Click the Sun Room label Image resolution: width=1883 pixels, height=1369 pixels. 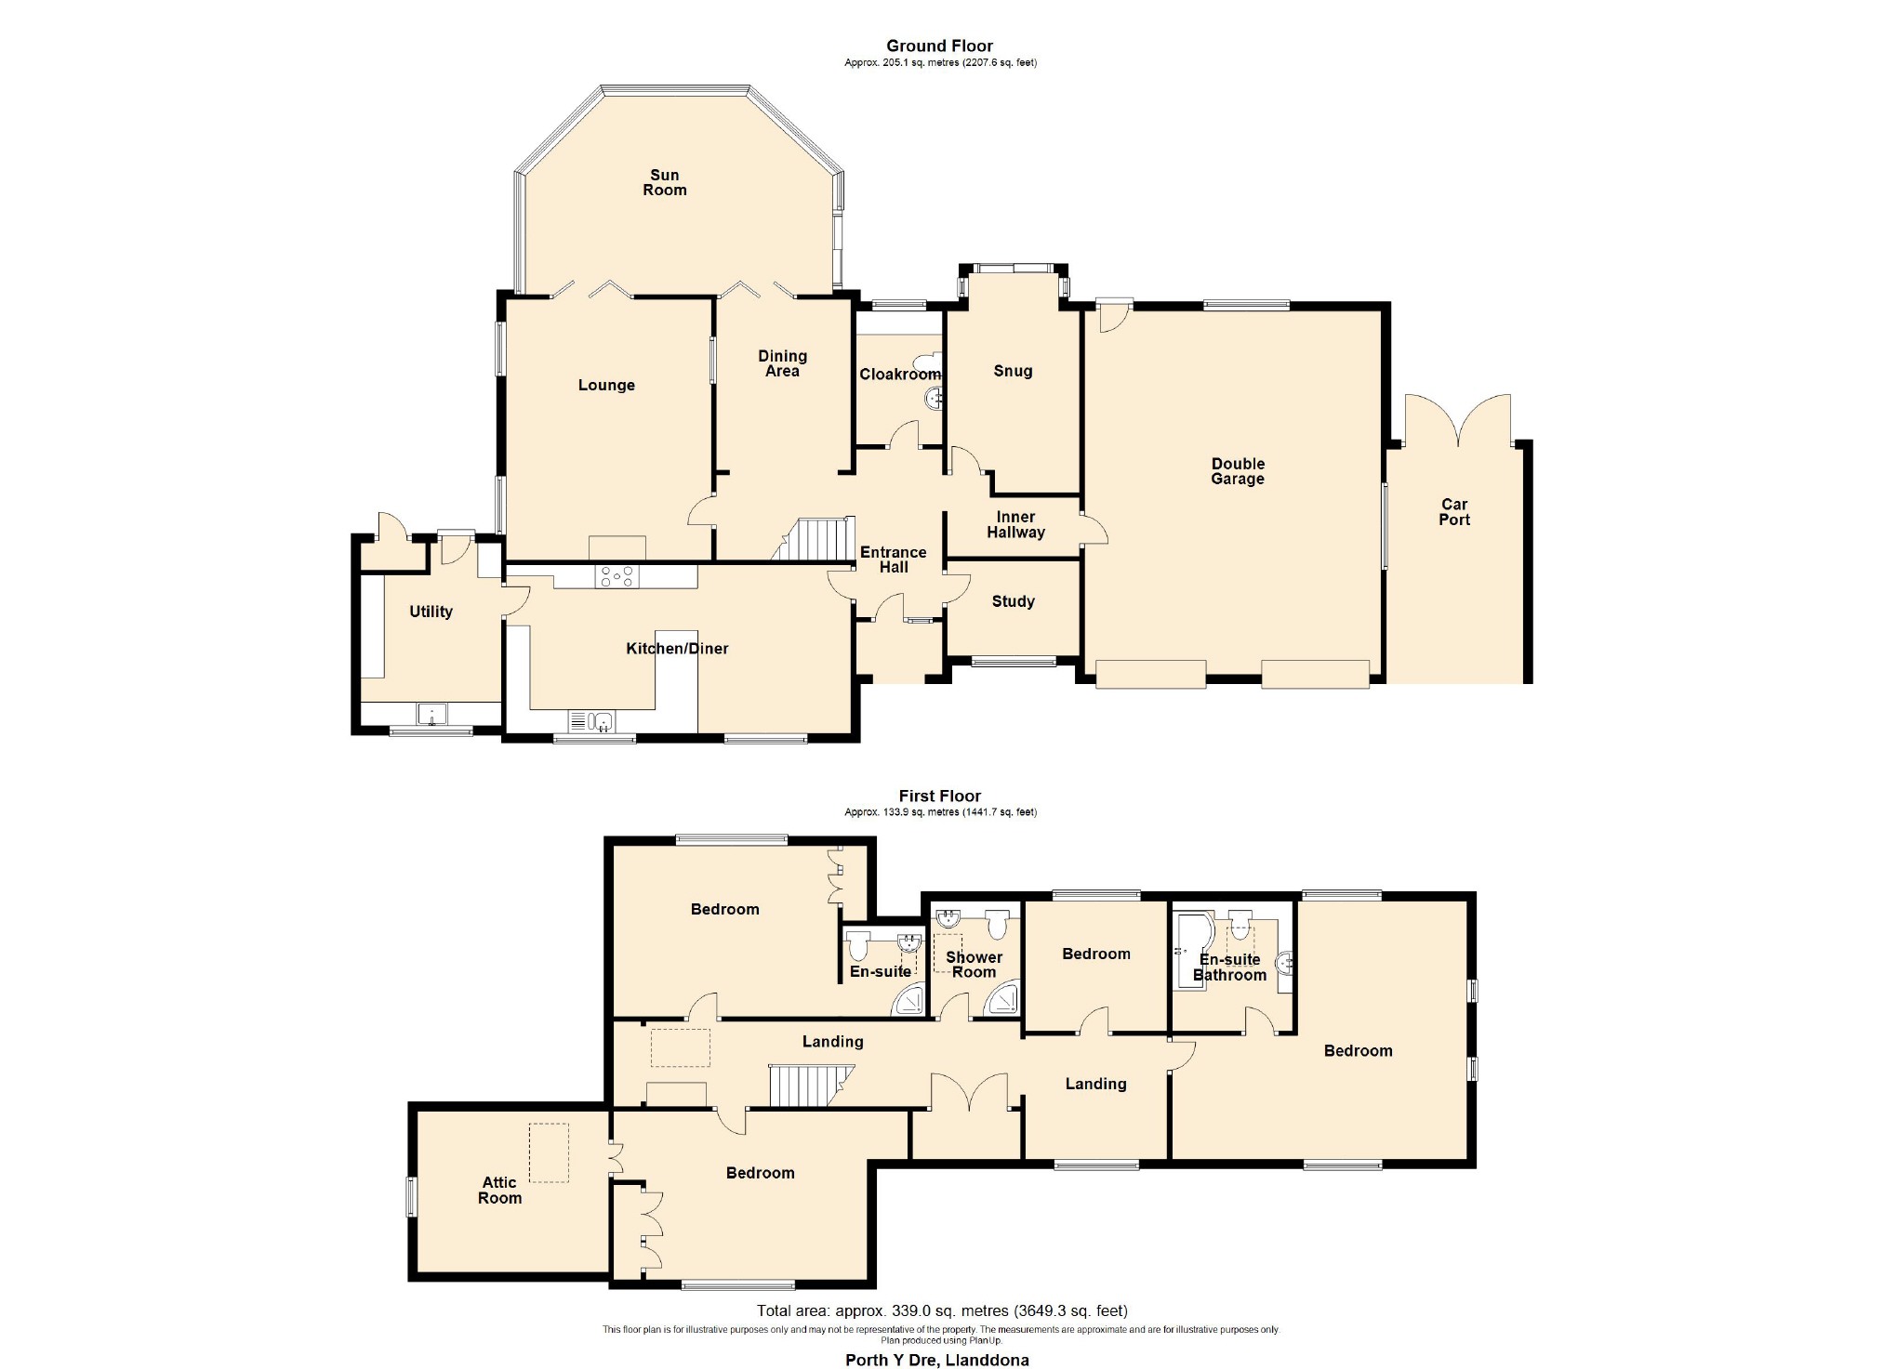664,182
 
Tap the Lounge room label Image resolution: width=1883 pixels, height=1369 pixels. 606,385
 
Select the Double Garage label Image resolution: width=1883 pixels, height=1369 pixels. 1238,471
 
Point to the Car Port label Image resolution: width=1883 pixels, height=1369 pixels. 1454,512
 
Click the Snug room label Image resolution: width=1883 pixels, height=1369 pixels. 1013,371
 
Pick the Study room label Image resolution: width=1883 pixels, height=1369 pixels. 1013,601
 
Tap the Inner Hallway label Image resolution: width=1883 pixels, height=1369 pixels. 1015,524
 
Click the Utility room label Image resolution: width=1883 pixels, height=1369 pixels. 431,612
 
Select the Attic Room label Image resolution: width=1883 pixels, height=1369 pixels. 499,1190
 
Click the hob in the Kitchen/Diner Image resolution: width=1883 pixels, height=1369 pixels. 617,576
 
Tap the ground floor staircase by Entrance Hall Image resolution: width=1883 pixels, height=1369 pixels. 814,539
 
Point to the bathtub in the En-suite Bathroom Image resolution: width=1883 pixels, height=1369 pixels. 1191,951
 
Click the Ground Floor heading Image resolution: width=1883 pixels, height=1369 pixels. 939,46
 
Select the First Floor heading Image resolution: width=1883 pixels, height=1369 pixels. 939,796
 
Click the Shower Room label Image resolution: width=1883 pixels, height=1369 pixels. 974,965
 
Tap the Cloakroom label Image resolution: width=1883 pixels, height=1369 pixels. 899,374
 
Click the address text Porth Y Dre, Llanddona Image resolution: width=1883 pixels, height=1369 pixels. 936,1360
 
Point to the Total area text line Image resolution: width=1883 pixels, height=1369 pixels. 942,1311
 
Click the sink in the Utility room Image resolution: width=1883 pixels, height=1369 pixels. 432,714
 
